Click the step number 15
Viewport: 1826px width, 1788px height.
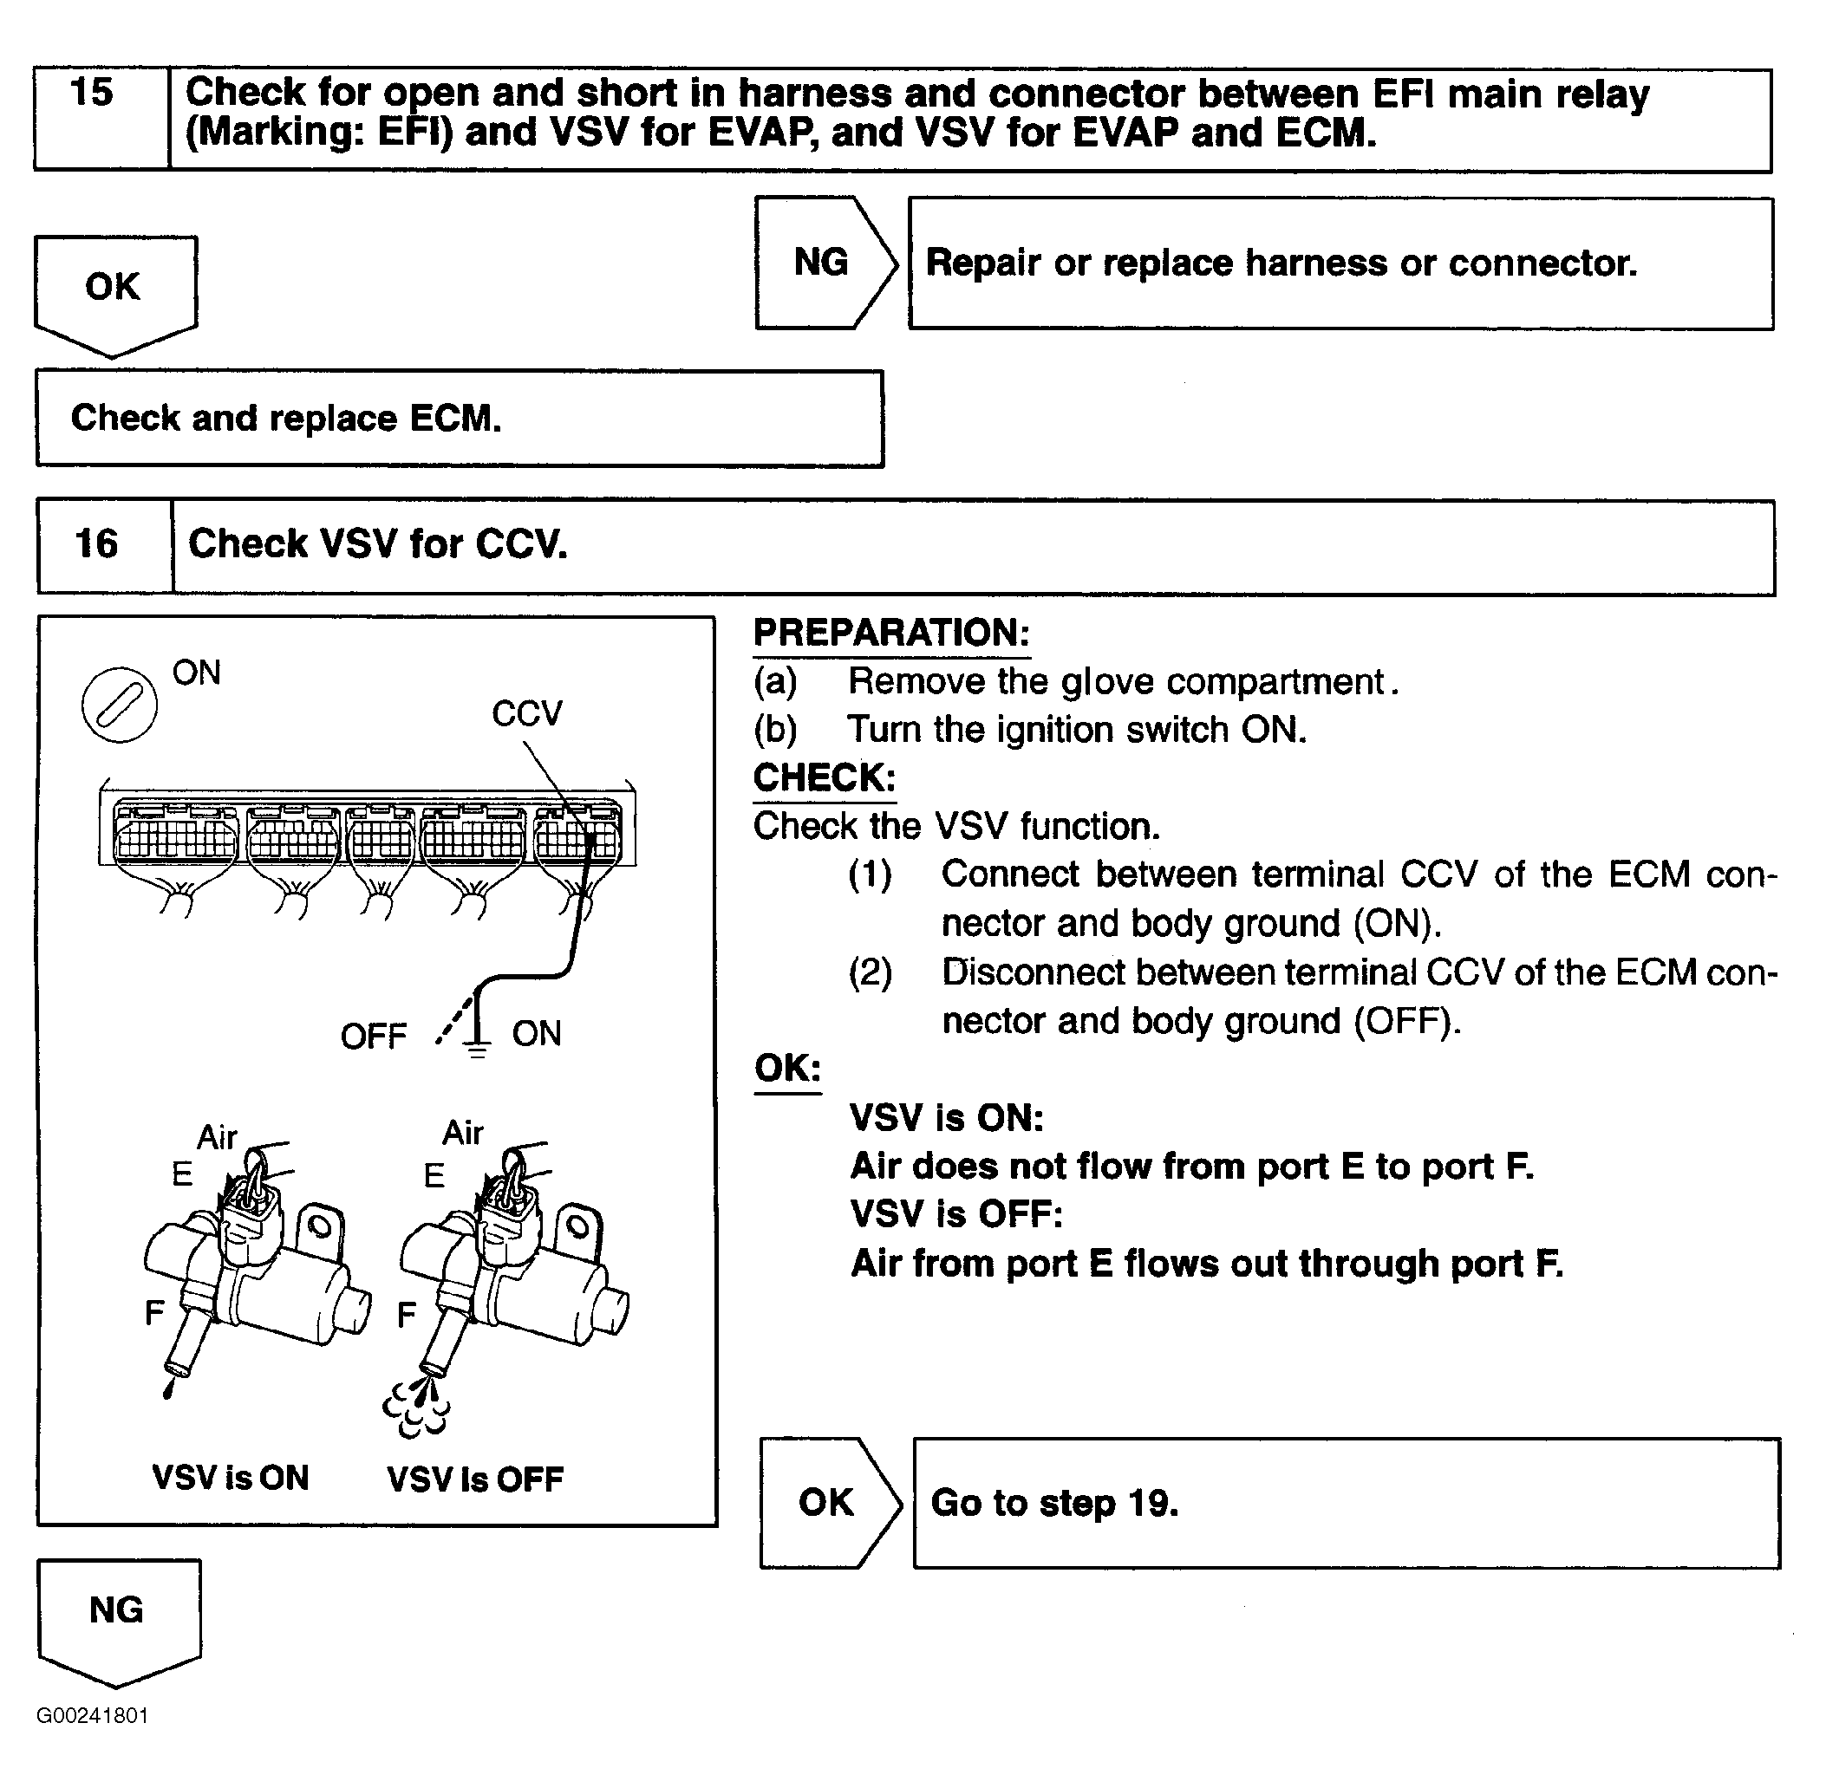[92, 93]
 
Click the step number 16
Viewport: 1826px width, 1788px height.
[97, 543]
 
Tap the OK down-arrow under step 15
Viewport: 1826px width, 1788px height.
[114, 291]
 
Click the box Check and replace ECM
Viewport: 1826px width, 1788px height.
[460, 419]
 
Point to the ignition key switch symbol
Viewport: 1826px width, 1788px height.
[120, 705]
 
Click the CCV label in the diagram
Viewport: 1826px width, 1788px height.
[527, 713]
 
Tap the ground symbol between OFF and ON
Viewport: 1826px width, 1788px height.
[477, 1045]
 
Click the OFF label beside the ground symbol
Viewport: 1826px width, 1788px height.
[373, 1037]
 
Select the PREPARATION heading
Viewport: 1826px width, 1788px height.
[891, 633]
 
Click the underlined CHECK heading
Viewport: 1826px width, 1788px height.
[825, 777]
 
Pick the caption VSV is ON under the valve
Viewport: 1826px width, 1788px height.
[231, 1477]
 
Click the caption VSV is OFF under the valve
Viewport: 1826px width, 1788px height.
[475, 1479]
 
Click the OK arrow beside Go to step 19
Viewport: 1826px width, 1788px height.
[827, 1503]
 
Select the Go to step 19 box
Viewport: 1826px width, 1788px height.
[1346, 1504]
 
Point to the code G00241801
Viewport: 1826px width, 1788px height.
[93, 1716]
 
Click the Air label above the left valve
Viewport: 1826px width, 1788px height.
[217, 1137]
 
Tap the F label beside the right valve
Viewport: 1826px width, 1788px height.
[407, 1314]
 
